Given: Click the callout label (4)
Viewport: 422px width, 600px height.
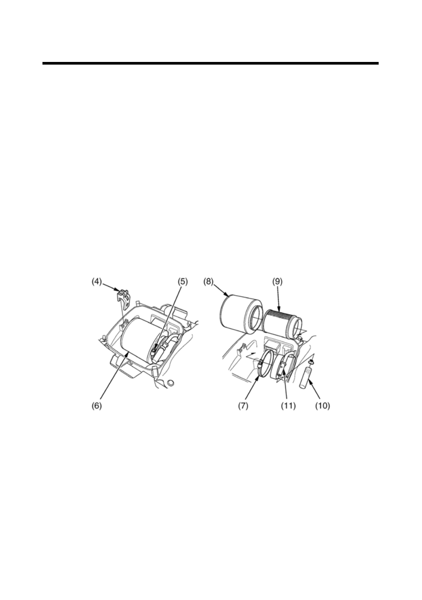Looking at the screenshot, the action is tap(97, 282).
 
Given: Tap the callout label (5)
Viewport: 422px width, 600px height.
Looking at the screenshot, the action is tap(183, 282).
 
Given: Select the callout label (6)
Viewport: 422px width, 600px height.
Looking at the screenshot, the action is tap(97, 406).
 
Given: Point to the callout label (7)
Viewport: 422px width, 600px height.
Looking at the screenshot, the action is tap(243, 406).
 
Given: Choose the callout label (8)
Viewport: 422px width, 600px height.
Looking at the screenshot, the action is tap(209, 282).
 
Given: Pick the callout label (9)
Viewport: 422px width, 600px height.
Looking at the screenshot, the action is tap(278, 282).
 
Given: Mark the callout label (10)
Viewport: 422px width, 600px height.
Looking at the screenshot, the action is tap(322, 406).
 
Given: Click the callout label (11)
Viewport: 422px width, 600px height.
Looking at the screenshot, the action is tap(288, 406).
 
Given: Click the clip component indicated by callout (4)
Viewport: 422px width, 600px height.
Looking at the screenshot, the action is tap(123, 297).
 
